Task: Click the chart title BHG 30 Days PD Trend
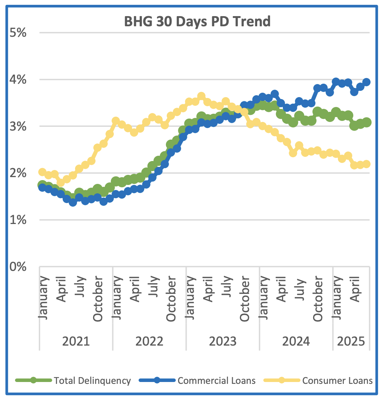(197, 21)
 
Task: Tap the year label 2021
(76, 341)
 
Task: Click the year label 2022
(149, 341)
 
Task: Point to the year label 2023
(222, 341)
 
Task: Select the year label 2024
(296, 341)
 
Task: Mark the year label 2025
(351, 341)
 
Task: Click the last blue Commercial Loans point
(366, 82)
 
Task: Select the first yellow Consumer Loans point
(42, 172)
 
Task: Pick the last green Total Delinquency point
(367, 122)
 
